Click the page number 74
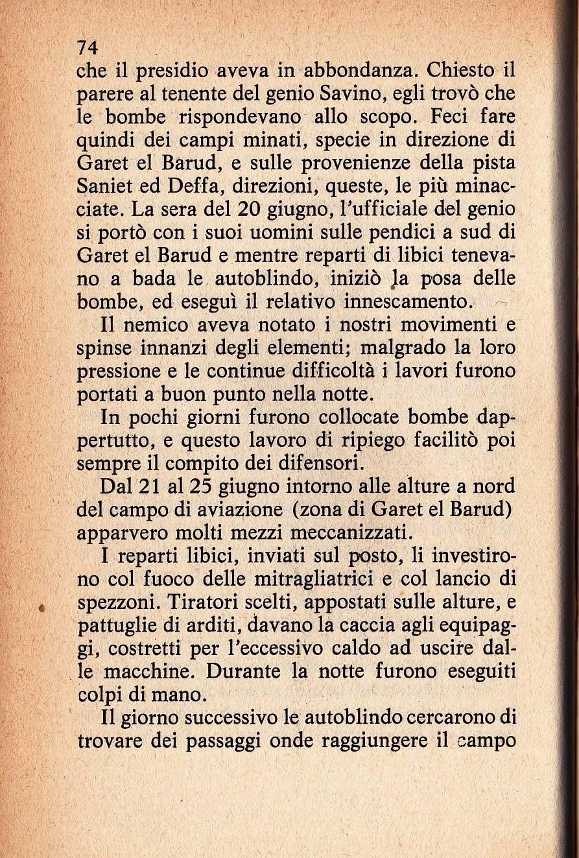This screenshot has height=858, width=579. [87, 47]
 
